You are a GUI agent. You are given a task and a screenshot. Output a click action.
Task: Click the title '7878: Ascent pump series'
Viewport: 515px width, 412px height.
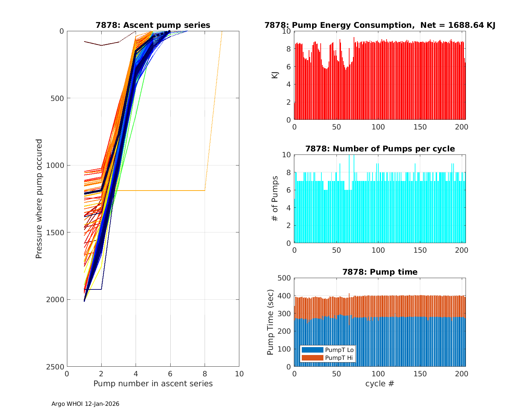click(153, 25)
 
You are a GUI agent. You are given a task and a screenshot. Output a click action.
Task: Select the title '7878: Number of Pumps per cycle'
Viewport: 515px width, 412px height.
click(380, 149)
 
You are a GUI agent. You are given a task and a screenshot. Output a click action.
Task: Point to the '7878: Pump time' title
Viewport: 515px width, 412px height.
click(380, 272)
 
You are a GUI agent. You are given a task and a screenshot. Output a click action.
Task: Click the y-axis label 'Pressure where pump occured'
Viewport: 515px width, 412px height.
click(39, 199)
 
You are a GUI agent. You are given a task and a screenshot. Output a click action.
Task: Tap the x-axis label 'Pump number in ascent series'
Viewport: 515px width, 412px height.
click(153, 384)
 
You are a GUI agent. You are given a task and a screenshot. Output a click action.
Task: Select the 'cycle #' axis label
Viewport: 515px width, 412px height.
click(380, 384)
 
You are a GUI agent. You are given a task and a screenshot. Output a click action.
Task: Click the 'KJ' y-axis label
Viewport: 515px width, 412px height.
click(275, 75)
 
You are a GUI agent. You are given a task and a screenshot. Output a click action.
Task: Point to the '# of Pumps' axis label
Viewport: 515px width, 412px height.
click(275, 199)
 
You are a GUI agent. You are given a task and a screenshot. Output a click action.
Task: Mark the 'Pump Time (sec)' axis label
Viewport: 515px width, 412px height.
click(271, 322)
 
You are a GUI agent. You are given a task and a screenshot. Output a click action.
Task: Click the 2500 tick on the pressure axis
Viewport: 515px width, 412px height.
click(56, 367)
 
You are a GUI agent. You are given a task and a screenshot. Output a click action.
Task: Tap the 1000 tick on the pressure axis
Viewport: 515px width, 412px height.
click(56, 165)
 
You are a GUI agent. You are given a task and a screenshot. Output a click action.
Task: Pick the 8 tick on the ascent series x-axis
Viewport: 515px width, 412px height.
click(205, 374)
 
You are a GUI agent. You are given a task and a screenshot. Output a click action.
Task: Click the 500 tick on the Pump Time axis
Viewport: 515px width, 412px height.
click(284, 278)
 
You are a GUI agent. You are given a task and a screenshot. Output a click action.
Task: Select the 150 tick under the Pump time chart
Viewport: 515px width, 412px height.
click(420, 374)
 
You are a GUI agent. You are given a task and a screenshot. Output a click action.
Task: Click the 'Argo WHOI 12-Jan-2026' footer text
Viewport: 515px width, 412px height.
click(85, 404)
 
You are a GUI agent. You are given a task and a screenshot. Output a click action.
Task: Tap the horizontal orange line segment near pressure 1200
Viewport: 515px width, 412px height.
click(161, 190)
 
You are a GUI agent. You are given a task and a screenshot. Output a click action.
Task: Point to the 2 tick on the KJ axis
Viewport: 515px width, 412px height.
click(288, 102)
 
